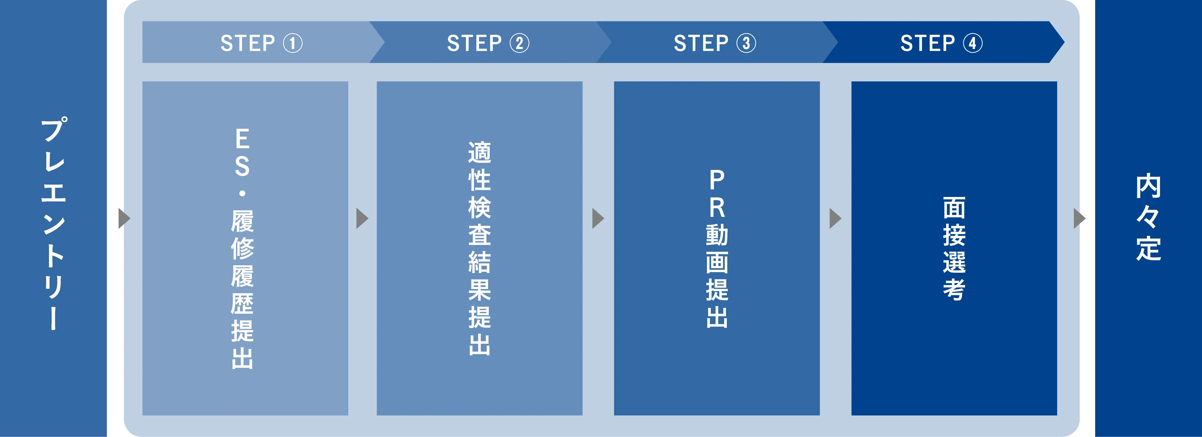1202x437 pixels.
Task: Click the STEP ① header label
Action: [x=261, y=43]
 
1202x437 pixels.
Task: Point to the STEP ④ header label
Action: [x=941, y=43]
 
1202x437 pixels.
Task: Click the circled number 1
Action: [x=293, y=43]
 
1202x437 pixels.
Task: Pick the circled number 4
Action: [x=973, y=43]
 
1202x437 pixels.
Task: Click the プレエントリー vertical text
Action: [x=54, y=223]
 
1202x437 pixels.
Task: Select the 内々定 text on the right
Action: [x=1148, y=217]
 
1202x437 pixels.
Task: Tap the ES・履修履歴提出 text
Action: [x=242, y=248]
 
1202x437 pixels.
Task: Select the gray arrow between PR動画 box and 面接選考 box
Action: [x=835, y=218]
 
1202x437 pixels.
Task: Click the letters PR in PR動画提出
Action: [x=717, y=194]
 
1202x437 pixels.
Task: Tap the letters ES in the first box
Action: [x=242, y=153]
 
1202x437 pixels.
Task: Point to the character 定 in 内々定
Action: [x=1148, y=248]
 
